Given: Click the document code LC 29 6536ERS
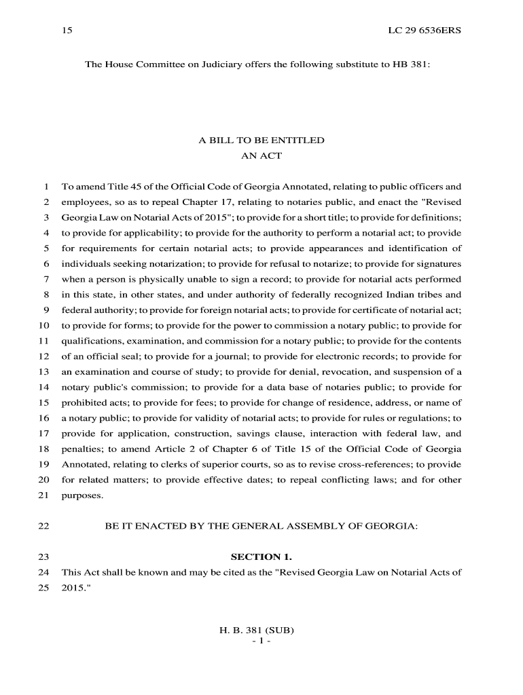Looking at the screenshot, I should tap(425, 31).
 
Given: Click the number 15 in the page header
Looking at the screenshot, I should tap(67, 31).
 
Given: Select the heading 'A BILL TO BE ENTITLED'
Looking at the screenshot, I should tap(261, 140).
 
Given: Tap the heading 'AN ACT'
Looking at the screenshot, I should tap(261, 155).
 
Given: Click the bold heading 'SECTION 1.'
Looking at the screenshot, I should tap(261, 557).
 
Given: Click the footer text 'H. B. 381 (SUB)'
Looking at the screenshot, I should tap(261, 630).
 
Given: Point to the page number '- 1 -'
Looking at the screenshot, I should tap(261, 641).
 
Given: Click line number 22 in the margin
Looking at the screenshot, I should tap(45, 526).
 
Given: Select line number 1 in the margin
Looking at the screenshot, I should tap(47, 187).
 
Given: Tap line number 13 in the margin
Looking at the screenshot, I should tap(45, 372).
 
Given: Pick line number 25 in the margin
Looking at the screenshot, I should tap(45, 588).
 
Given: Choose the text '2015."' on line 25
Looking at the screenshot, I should tap(75, 588).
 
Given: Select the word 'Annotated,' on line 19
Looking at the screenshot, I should tap(85, 465).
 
